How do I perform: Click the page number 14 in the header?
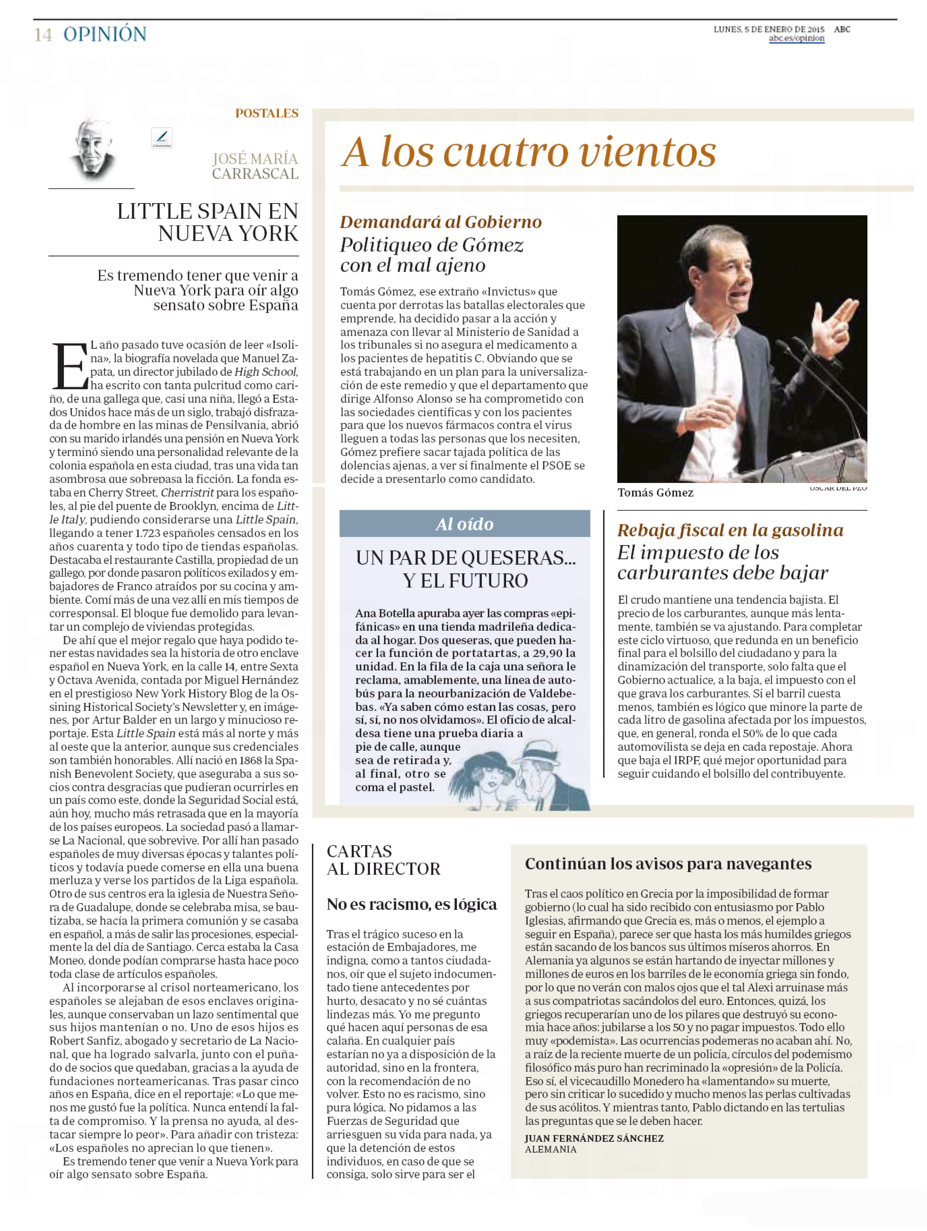(43, 35)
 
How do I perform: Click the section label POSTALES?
(266, 114)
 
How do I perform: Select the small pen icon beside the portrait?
(161, 137)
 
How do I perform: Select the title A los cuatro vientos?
(529, 152)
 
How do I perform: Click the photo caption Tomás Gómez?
(655, 493)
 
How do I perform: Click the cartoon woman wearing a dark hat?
(484, 774)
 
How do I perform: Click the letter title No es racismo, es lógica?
(411, 904)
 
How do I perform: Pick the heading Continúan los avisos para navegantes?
(668, 864)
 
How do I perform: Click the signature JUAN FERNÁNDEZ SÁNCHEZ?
(594, 1138)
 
